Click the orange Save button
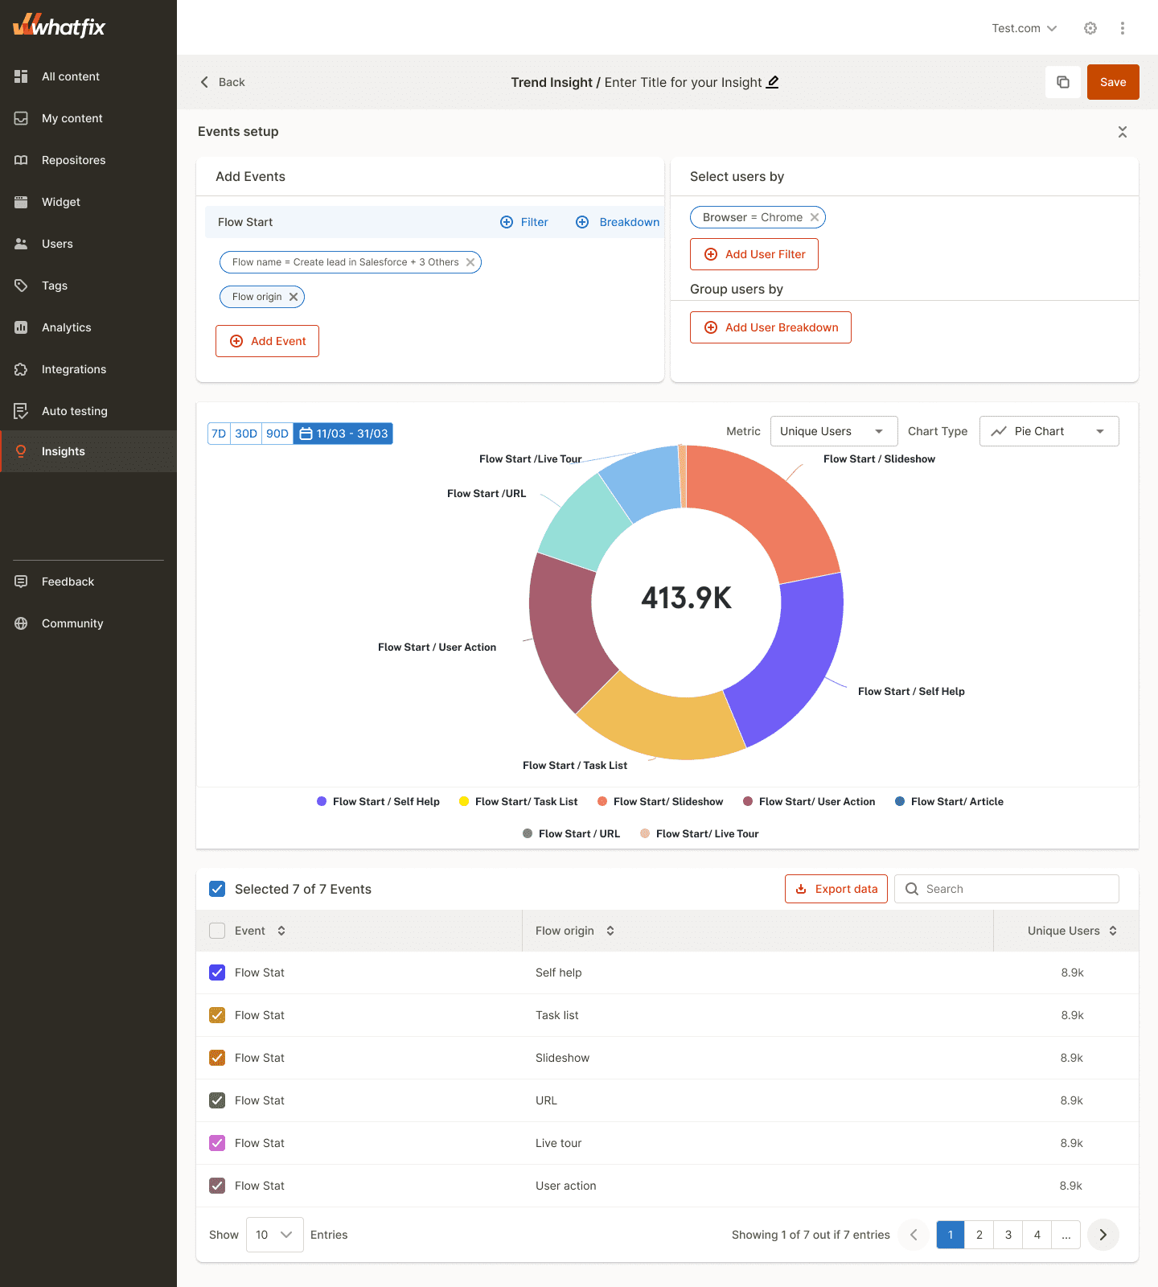pos(1112,82)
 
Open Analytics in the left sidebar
pos(66,327)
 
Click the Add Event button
pos(267,341)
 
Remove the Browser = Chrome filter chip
pos(815,217)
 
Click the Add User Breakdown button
pos(770,327)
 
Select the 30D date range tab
pos(246,434)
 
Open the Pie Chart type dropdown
pos(1048,431)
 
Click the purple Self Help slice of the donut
pos(796,660)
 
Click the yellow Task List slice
pos(659,724)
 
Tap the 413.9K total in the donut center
pos(686,598)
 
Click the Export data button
pos(836,889)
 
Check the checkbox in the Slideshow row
pos(217,1058)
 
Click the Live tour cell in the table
pos(558,1143)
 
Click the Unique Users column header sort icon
pos(1113,931)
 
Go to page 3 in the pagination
pos(1008,1235)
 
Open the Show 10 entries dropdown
pos(274,1235)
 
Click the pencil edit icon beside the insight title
pos(772,82)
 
